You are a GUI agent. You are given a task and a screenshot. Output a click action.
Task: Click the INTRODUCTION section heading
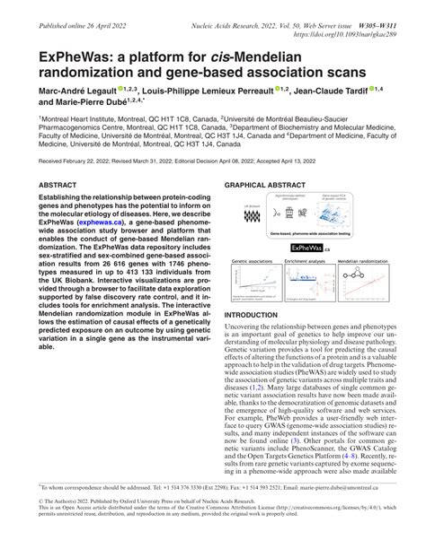click(x=255, y=316)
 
